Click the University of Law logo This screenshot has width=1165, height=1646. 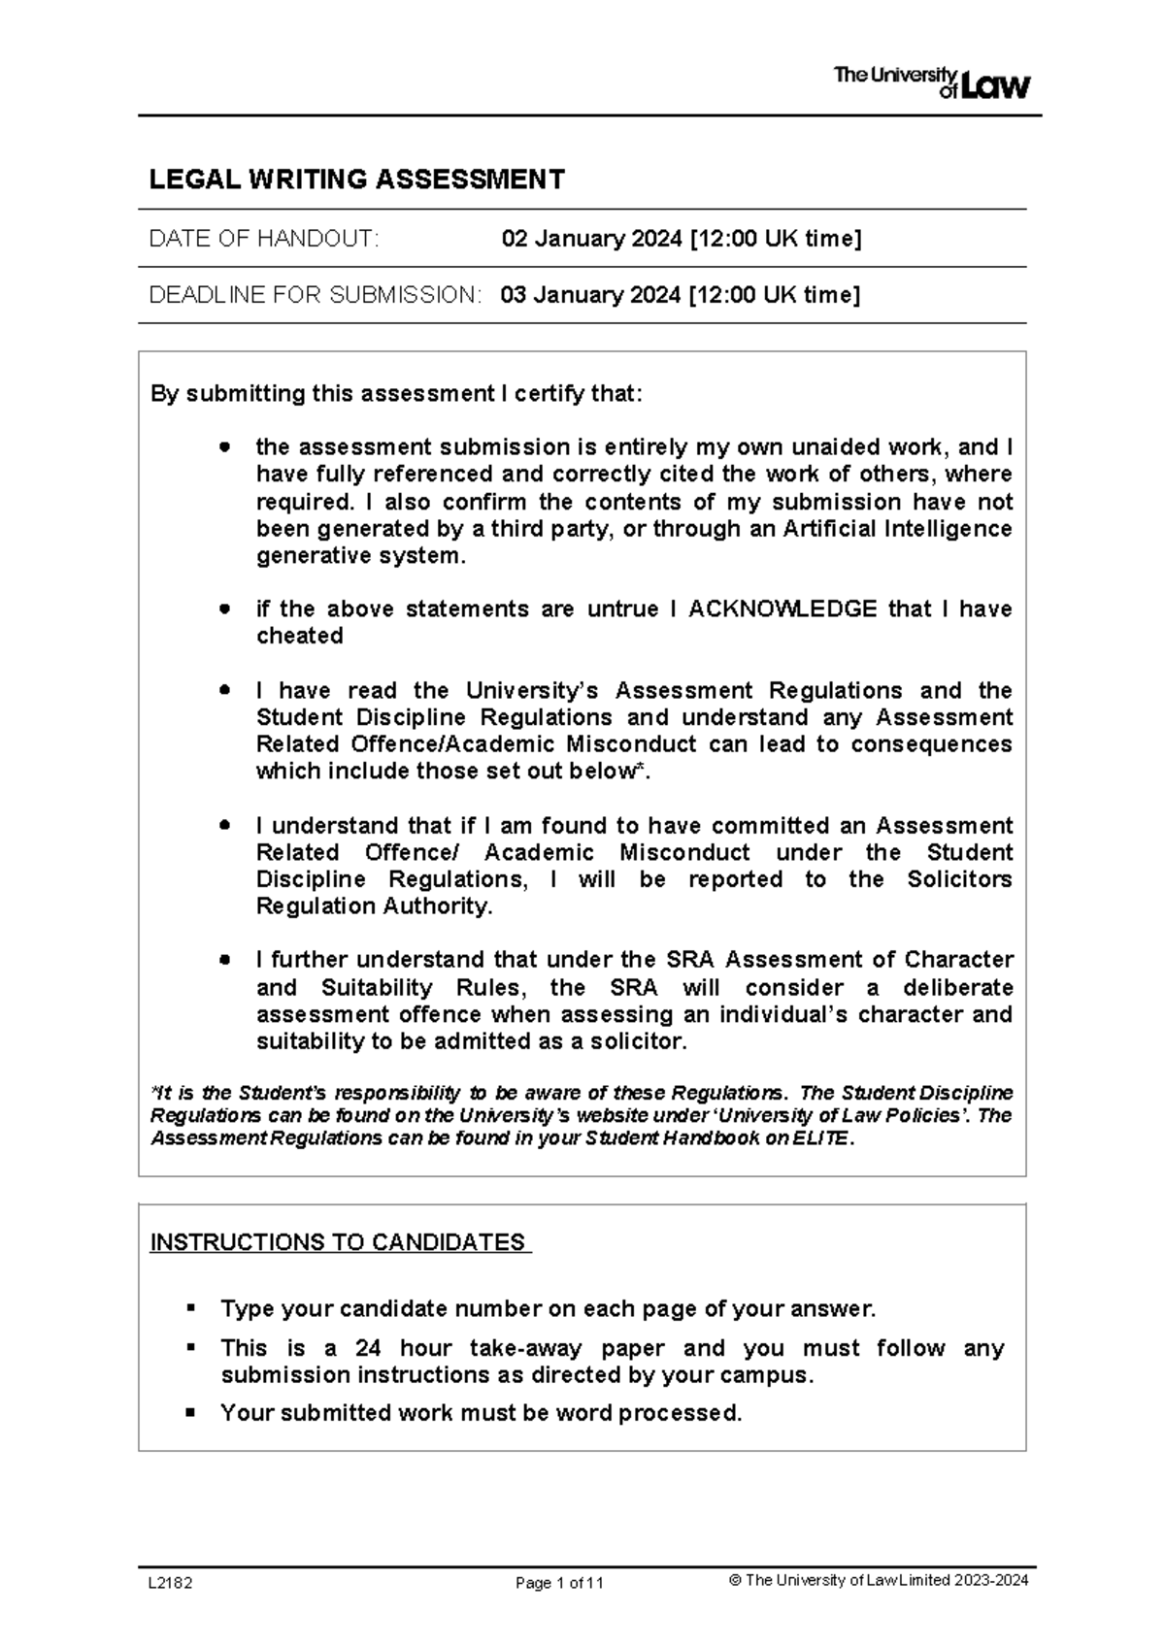(x=931, y=83)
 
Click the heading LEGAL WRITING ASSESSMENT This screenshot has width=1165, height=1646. (x=356, y=180)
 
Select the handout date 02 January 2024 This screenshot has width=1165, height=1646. (x=591, y=239)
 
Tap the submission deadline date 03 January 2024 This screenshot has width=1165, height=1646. (x=590, y=295)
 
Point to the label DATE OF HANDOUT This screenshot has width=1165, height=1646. (x=262, y=239)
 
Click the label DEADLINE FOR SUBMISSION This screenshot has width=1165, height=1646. (x=315, y=295)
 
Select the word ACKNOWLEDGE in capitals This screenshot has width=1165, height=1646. (x=782, y=609)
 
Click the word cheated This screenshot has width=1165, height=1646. (x=299, y=637)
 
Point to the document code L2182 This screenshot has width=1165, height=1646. (x=170, y=1583)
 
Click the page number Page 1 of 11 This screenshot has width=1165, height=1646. (x=559, y=1583)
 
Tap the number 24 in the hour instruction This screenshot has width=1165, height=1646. (x=368, y=1349)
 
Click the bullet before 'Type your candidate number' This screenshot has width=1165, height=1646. (x=191, y=1308)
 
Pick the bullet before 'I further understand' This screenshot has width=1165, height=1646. (x=225, y=960)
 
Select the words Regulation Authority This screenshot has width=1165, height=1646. (x=373, y=906)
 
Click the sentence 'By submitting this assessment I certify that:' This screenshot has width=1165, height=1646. (x=396, y=394)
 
